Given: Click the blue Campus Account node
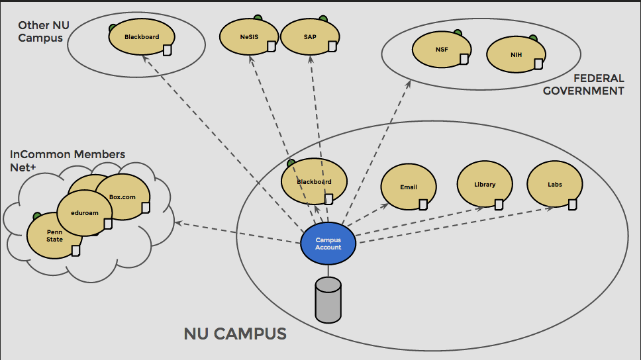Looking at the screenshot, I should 328,244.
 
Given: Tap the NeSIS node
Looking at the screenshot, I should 249,37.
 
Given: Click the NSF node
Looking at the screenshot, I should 442,50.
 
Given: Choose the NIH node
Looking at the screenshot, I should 516,55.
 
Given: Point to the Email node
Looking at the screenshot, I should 409,187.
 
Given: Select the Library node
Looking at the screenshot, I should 485,185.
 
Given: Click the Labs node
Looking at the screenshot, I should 555,185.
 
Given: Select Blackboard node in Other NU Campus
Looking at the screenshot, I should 142,37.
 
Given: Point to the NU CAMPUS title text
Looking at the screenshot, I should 235,334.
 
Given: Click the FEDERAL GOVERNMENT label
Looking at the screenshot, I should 583,85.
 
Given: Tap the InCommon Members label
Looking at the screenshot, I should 68,154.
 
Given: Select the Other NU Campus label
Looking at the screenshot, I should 43,31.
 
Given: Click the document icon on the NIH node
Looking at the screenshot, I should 538,64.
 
